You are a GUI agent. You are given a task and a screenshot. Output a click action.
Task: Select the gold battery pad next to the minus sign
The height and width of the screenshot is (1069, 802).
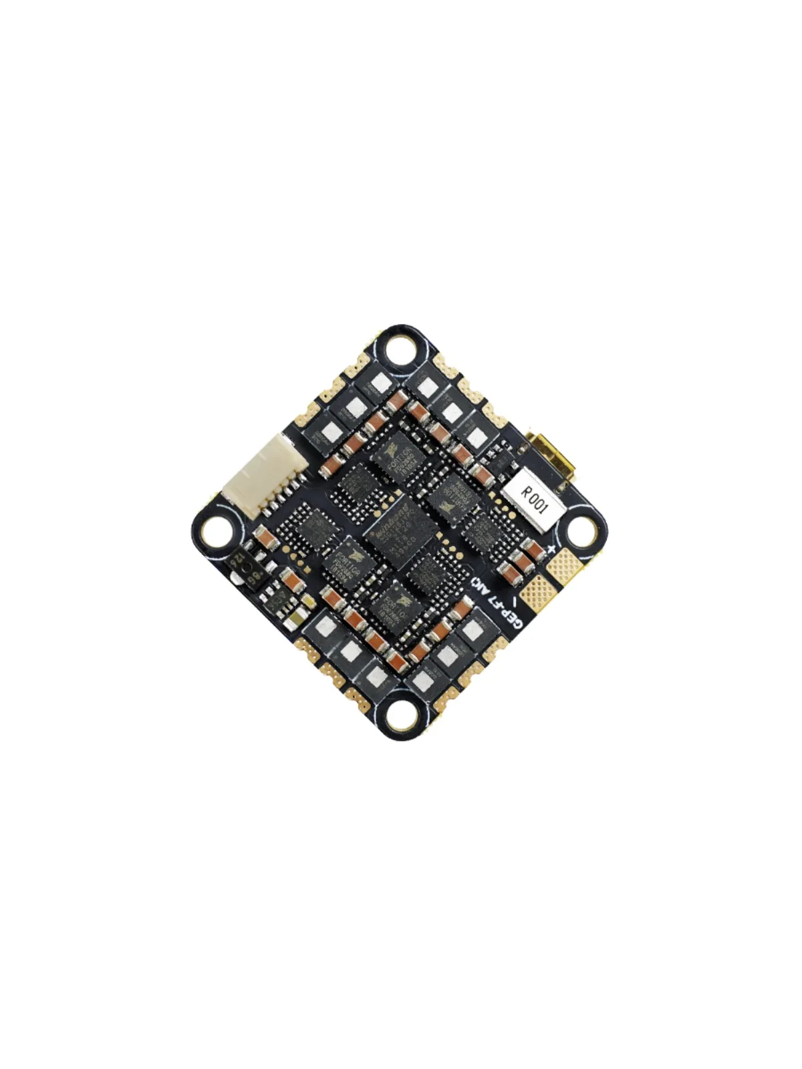coord(538,593)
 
